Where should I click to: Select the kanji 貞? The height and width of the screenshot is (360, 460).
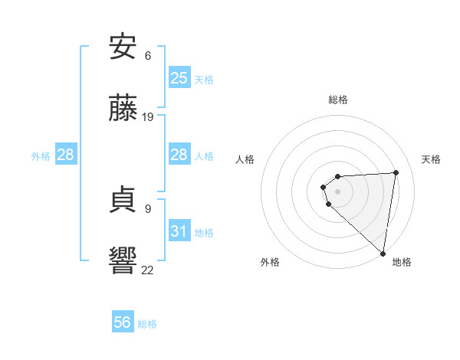pyautogui.click(x=123, y=200)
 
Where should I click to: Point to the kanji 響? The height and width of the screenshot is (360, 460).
pyautogui.click(x=123, y=260)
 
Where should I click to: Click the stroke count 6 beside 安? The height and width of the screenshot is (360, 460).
pyautogui.click(x=148, y=56)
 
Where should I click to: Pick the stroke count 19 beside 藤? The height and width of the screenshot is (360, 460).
pyautogui.click(x=148, y=117)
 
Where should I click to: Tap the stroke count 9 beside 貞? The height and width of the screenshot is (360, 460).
pyautogui.click(x=148, y=208)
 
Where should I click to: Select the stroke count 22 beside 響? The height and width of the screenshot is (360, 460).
pyautogui.click(x=148, y=269)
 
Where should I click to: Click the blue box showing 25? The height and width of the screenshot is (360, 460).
pyautogui.click(x=179, y=78)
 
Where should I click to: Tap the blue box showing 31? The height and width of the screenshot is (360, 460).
pyautogui.click(x=179, y=231)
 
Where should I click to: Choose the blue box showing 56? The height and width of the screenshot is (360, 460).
pyautogui.click(x=123, y=322)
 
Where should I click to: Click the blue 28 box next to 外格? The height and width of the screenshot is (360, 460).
pyautogui.click(x=66, y=155)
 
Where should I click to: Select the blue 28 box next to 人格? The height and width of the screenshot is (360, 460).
pyautogui.click(x=179, y=155)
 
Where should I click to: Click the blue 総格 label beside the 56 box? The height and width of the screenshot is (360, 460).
pyautogui.click(x=147, y=324)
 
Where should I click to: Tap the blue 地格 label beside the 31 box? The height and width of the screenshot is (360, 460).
pyautogui.click(x=204, y=232)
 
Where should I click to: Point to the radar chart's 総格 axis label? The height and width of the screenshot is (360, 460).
pyautogui.click(x=337, y=100)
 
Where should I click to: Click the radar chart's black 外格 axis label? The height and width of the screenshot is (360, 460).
pyautogui.click(x=270, y=262)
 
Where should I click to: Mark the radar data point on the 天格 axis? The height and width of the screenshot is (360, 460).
pyautogui.click(x=396, y=172)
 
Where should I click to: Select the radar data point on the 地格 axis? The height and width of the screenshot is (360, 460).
pyautogui.click(x=383, y=253)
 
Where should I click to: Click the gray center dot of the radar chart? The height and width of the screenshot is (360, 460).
pyautogui.click(x=337, y=191)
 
